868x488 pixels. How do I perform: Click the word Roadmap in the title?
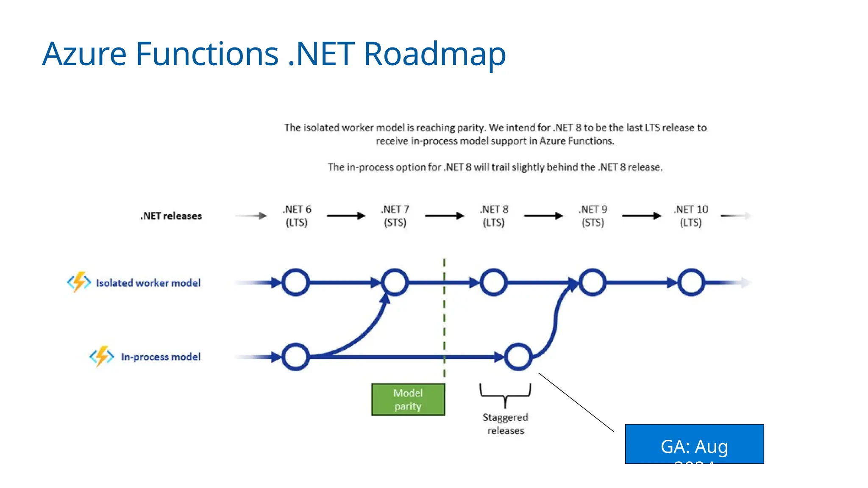[434, 54]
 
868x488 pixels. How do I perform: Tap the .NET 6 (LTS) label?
[297, 216]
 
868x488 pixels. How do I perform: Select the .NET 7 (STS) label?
[395, 216]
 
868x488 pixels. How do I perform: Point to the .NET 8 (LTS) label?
[494, 216]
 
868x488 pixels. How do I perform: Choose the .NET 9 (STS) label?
[593, 216]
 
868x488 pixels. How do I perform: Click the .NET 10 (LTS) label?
[691, 216]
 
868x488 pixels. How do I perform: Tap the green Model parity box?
[408, 399]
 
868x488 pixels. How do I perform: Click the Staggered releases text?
[505, 424]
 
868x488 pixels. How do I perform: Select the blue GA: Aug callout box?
[694, 444]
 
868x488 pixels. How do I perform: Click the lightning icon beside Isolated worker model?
[79, 282]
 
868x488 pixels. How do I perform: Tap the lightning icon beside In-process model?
[102, 356]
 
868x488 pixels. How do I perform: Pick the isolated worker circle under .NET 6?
[295, 282]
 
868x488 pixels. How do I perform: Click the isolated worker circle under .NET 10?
[691, 282]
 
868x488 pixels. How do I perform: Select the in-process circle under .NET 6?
[295, 357]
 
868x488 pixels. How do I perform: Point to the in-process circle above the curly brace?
[518, 357]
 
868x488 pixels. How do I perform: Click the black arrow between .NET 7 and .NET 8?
[444, 216]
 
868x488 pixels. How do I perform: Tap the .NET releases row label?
[171, 216]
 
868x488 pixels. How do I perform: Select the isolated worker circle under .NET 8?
[493, 282]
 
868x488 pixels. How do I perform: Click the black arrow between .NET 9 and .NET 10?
[641, 216]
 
